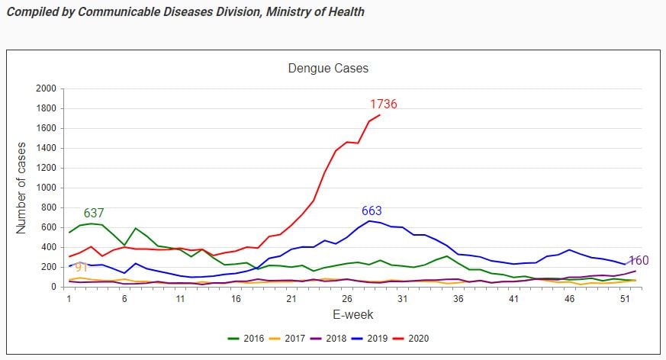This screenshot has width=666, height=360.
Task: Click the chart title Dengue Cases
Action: tap(328, 69)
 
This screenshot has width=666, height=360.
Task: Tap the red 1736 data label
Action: tap(384, 104)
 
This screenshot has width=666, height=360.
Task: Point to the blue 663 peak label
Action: tap(372, 211)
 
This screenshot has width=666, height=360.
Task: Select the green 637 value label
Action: tap(94, 214)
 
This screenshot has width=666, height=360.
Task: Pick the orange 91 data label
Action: tap(82, 268)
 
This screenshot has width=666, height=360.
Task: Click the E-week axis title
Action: tap(352, 314)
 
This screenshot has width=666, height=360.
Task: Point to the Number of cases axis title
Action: tap(22, 188)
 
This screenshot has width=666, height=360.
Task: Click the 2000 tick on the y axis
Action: tap(46, 88)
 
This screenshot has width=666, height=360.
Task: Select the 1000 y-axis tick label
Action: tap(46, 188)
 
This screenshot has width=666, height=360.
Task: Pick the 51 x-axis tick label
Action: tap(623, 300)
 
